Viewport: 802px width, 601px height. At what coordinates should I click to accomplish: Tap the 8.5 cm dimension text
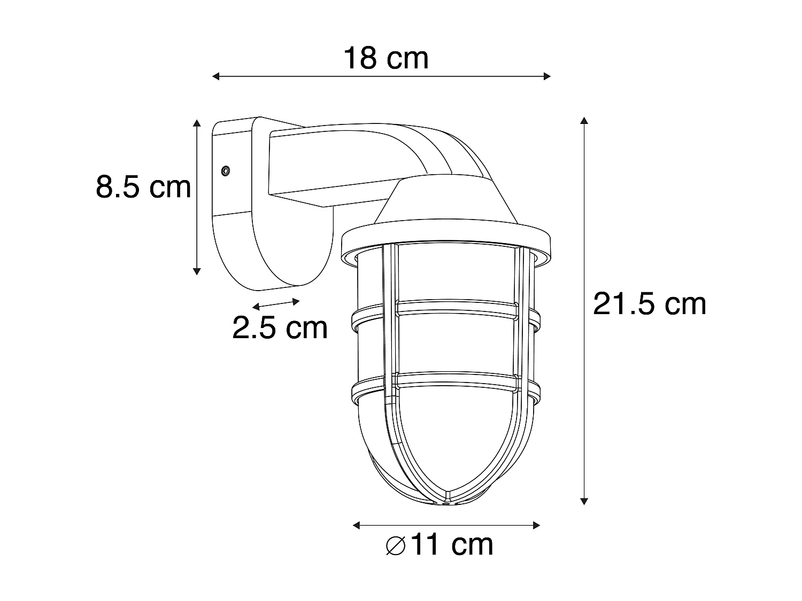click(143, 187)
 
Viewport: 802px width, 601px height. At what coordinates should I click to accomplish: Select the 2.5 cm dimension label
click(280, 327)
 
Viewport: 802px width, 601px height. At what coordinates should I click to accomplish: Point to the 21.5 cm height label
click(650, 304)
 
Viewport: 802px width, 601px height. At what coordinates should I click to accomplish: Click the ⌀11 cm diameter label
click(439, 545)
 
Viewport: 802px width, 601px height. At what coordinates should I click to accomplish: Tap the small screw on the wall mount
click(226, 171)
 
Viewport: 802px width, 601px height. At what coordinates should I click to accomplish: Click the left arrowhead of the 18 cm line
click(216, 76)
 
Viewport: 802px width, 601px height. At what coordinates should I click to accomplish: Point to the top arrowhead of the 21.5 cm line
click(584, 121)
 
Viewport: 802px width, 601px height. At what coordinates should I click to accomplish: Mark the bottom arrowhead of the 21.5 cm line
click(584, 501)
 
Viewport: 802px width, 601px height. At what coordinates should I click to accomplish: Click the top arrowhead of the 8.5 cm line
click(197, 123)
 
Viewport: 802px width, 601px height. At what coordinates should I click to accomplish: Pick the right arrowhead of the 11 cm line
click(537, 526)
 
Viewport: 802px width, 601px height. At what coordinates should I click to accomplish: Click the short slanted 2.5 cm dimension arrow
click(276, 304)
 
